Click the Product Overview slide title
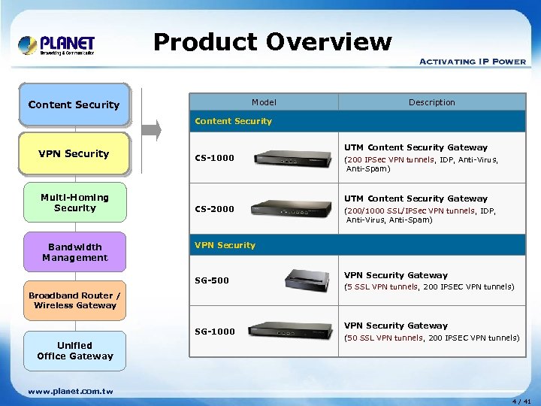[272, 42]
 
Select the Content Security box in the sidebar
[74, 105]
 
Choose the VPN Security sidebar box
[74, 154]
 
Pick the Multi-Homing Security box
[74, 202]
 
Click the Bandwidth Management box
[74, 252]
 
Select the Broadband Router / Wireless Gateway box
[74, 301]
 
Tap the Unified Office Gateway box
[74, 350]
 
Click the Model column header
[264, 102]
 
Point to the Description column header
[431, 102]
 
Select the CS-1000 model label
[214, 158]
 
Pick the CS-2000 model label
[214, 209]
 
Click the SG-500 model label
[212, 280]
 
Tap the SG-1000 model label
[214, 332]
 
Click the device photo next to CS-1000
[293, 158]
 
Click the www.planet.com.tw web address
[70, 391]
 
